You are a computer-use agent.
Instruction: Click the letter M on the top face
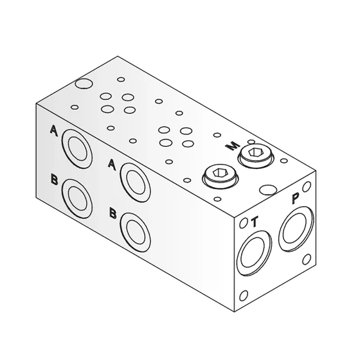click(229, 147)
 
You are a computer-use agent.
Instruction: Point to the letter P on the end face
click(295, 199)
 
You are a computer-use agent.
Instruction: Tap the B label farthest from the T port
click(55, 179)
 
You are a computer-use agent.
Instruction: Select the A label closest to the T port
click(112, 164)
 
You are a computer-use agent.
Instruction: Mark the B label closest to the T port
click(113, 212)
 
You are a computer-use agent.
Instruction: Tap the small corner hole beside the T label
click(243, 224)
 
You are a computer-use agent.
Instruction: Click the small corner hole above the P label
click(308, 187)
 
